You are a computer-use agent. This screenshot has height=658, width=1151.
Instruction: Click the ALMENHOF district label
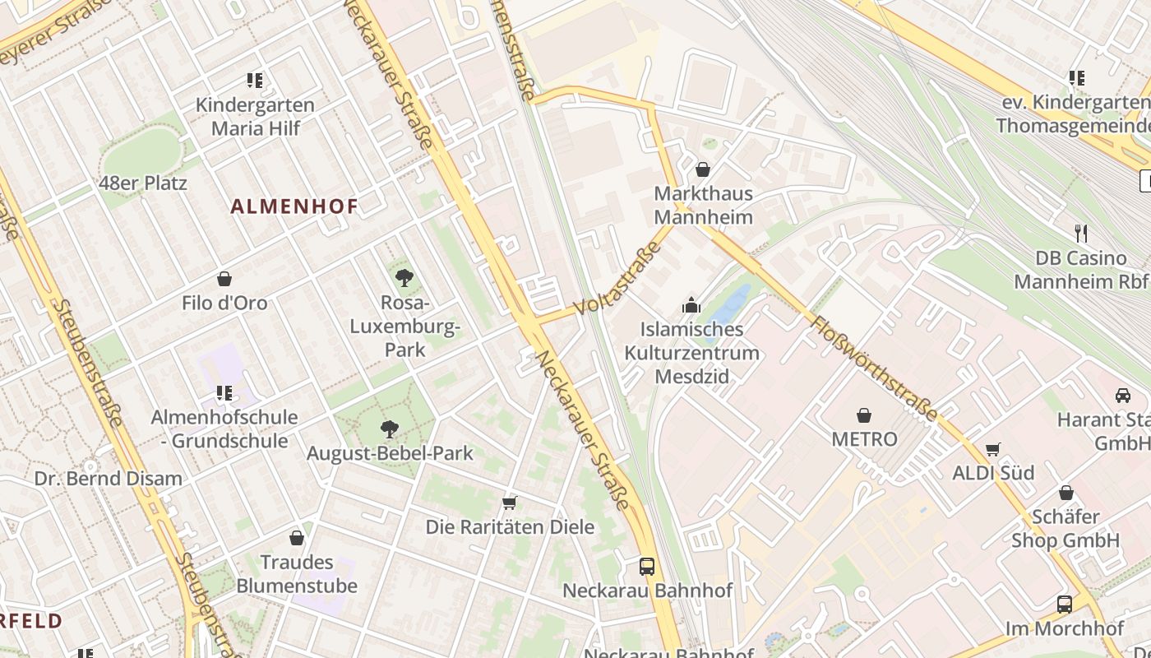coord(294,206)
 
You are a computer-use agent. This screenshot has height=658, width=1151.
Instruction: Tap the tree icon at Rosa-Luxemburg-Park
coord(404,278)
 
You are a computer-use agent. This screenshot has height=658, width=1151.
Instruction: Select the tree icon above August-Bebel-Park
coord(390,429)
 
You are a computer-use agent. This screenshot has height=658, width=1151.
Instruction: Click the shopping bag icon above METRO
coord(864,415)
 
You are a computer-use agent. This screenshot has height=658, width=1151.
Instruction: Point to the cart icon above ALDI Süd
coord(993,449)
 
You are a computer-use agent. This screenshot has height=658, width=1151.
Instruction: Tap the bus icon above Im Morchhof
coord(1065,605)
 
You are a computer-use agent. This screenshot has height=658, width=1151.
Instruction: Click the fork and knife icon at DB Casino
coord(1081,234)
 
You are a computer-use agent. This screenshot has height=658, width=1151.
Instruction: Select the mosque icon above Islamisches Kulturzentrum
coord(691,305)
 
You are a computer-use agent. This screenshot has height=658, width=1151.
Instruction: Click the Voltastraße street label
coord(620,280)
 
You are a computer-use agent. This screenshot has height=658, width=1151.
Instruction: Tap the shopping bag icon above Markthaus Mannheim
coord(703,169)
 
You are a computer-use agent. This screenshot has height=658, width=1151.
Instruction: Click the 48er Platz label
coord(143,183)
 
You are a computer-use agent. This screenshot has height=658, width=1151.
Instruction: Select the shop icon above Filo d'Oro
coord(224,280)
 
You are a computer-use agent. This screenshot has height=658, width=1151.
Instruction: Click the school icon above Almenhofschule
coord(224,393)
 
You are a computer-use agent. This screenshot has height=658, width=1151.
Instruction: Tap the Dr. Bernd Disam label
coord(109,479)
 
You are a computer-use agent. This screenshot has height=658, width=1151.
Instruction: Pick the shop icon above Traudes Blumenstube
coord(297,539)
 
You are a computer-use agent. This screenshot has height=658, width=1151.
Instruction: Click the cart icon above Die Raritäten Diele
coord(509,503)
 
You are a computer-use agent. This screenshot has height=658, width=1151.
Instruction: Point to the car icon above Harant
coord(1123,396)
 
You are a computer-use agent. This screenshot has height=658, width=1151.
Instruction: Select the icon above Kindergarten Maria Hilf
coord(255,81)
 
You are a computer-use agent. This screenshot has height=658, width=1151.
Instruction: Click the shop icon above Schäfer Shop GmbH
coord(1066,493)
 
